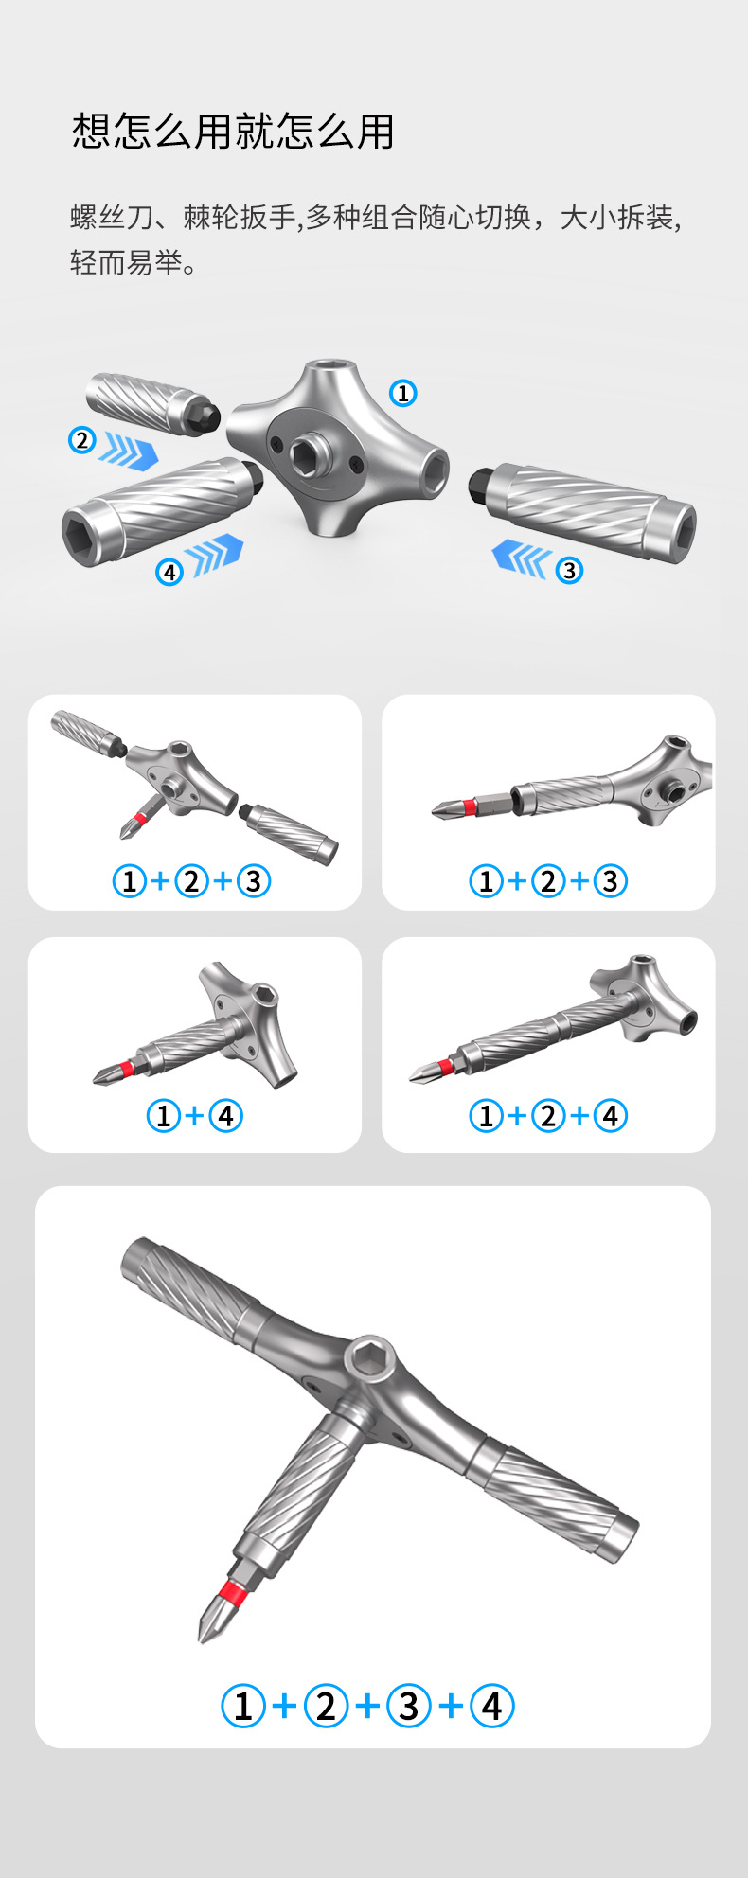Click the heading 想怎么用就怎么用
pyautogui.click(x=233, y=131)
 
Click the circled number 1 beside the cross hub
pyautogui.click(x=403, y=393)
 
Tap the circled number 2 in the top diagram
pyautogui.click(x=82, y=440)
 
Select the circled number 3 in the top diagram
pyautogui.click(x=569, y=571)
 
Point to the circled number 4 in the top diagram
pyautogui.click(x=169, y=572)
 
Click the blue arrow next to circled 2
pyautogui.click(x=129, y=451)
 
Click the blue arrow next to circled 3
pyautogui.click(x=522, y=558)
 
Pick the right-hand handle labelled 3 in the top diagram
pyautogui.click(x=582, y=511)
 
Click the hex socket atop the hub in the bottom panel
pyautogui.click(x=365, y=1360)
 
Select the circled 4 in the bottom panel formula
pyautogui.click(x=491, y=1706)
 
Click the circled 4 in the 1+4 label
pyautogui.click(x=225, y=1116)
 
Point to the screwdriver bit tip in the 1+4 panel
pyautogui.click(x=96, y=1080)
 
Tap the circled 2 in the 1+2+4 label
pyautogui.click(x=547, y=1116)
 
